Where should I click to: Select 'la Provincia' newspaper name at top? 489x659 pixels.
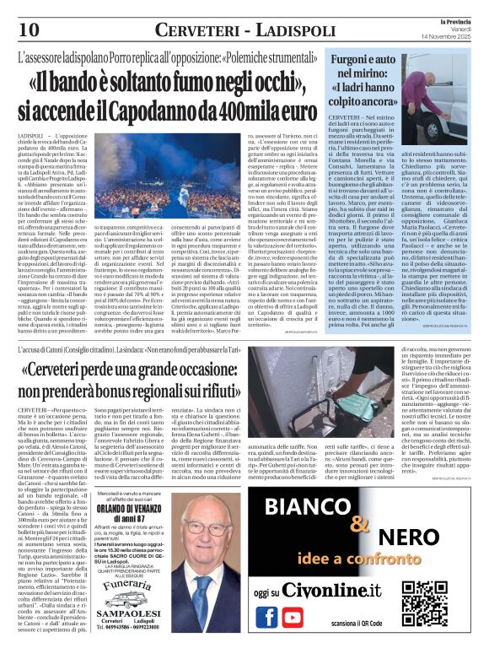coord(451,18)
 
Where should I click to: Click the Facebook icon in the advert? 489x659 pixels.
coord(267,615)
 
